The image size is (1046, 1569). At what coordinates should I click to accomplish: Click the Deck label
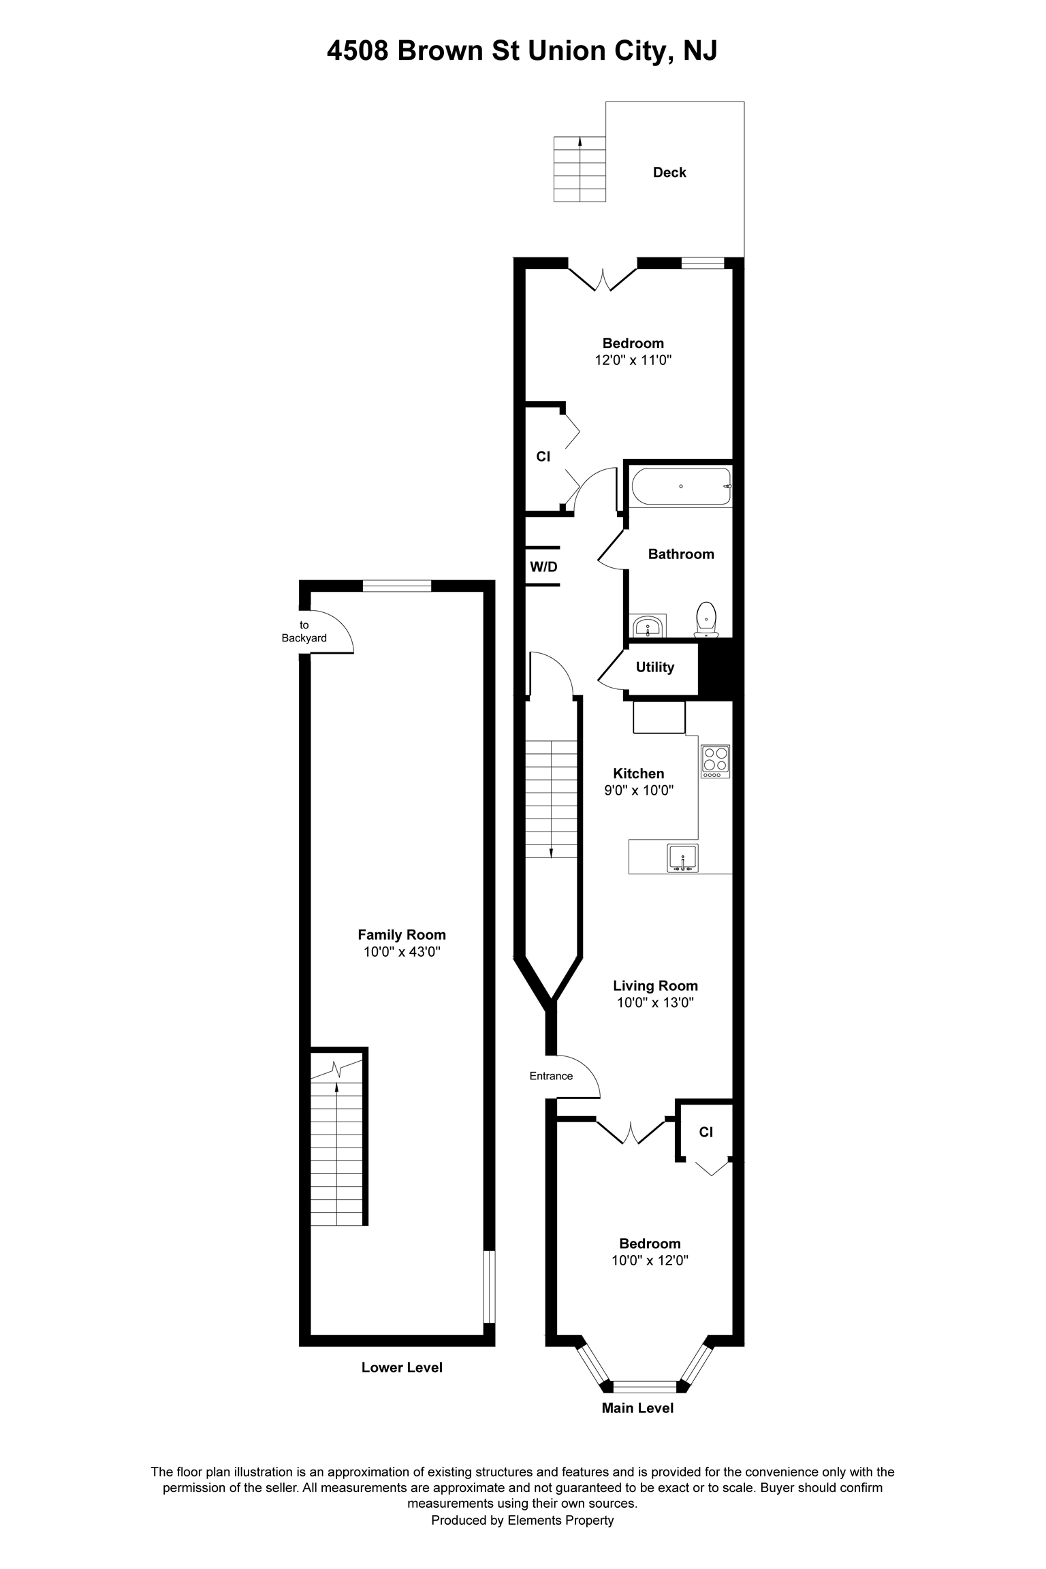tap(669, 172)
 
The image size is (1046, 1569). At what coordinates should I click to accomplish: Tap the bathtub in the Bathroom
tap(681, 486)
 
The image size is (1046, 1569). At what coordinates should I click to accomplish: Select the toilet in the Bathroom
tap(706, 619)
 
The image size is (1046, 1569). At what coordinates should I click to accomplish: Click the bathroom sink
tap(648, 626)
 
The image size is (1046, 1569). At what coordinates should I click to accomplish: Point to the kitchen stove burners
tap(716, 761)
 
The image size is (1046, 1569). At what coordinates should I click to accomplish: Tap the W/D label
tap(543, 567)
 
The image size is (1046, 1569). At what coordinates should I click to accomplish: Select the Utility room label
tap(655, 667)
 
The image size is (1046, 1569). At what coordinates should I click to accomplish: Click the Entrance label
tap(551, 1076)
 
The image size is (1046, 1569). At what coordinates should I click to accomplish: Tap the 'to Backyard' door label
tap(304, 631)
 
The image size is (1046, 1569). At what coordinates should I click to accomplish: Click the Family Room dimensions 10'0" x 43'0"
tap(402, 952)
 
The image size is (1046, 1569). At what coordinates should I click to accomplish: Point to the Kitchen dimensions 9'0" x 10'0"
tap(639, 791)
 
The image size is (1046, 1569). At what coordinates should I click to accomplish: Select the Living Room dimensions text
tap(655, 1002)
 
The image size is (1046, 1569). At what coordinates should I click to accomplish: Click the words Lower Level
tap(402, 1367)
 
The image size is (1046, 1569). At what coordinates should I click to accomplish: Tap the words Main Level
tap(637, 1408)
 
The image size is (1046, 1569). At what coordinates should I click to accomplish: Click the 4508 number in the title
tap(358, 51)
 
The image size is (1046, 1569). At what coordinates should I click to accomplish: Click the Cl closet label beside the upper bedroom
tap(543, 456)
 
